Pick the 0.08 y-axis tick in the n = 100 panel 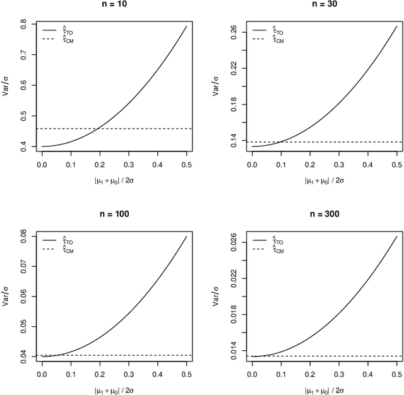[25, 236]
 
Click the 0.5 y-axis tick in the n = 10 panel [25, 116]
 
